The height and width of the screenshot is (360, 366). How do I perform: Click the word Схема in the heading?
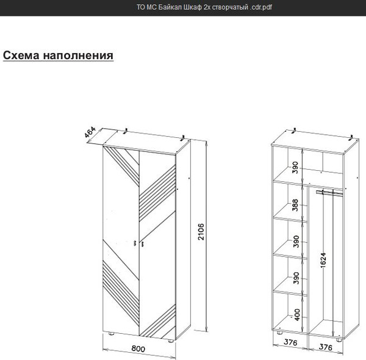point(21,56)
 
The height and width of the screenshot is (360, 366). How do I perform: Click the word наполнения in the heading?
point(78,56)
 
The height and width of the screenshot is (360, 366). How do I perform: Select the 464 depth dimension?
point(90,132)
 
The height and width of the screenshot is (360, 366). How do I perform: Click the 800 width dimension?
point(138,348)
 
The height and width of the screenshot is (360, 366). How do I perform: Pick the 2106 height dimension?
point(201,232)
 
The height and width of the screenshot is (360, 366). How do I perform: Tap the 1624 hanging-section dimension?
point(323,260)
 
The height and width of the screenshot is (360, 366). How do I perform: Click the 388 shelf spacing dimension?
point(295,205)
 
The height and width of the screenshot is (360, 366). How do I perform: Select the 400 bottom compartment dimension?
point(296,314)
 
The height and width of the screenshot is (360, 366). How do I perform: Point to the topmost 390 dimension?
point(295,167)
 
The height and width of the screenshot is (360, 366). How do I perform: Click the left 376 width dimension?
point(290,342)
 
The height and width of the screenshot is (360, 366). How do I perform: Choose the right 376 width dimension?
point(325,347)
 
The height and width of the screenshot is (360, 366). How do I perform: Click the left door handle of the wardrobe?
point(135,243)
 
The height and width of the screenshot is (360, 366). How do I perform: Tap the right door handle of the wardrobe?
point(142,244)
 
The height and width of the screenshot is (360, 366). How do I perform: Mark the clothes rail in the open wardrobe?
point(329,193)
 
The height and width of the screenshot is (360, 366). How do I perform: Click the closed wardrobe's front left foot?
point(112,333)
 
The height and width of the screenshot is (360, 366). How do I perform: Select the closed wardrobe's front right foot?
point(171,340)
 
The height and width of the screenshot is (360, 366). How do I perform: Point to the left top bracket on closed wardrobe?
point(126,131)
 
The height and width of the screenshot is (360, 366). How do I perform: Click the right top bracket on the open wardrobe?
point(351,138)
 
